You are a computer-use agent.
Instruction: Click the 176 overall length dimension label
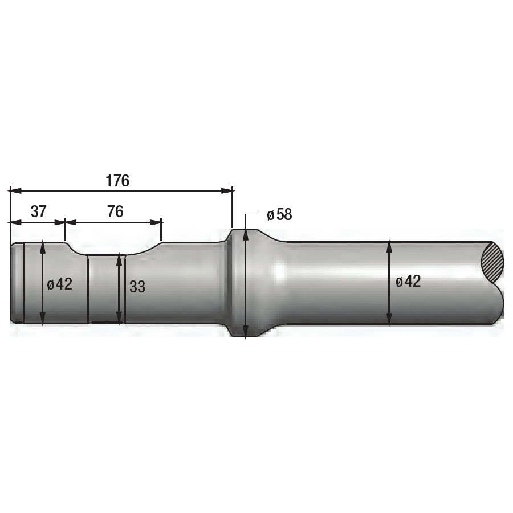117,181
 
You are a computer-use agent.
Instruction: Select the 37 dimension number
38,211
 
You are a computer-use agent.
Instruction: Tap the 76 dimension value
115,211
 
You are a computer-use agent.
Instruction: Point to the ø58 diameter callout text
279,215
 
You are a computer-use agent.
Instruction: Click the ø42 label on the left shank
60,284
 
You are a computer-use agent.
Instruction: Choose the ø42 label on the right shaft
408,281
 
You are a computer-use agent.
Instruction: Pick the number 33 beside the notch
137,287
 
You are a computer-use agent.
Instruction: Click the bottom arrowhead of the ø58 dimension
246,333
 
